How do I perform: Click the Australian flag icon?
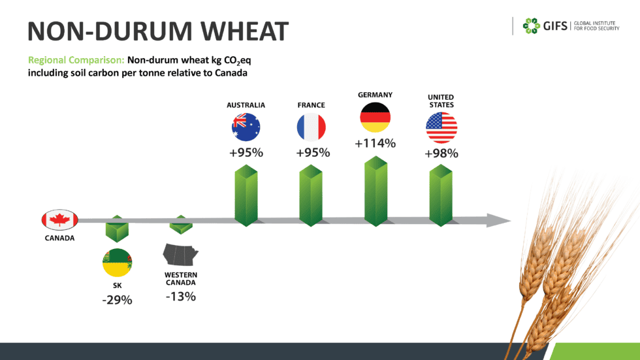point(246,127)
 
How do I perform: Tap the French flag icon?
point(311,127)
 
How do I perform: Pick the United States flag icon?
point(441,127)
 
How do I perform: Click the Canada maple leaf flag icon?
point(59,220)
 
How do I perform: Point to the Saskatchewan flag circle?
point(117,263)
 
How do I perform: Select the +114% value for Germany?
point(375,143)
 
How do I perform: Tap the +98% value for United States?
point(441,154)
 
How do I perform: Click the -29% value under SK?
point(117,301)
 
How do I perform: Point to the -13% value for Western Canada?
point(180,297)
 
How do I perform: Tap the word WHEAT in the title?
point(233,31)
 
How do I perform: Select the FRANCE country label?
point(311,105)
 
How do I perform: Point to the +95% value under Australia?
point(246,154)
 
